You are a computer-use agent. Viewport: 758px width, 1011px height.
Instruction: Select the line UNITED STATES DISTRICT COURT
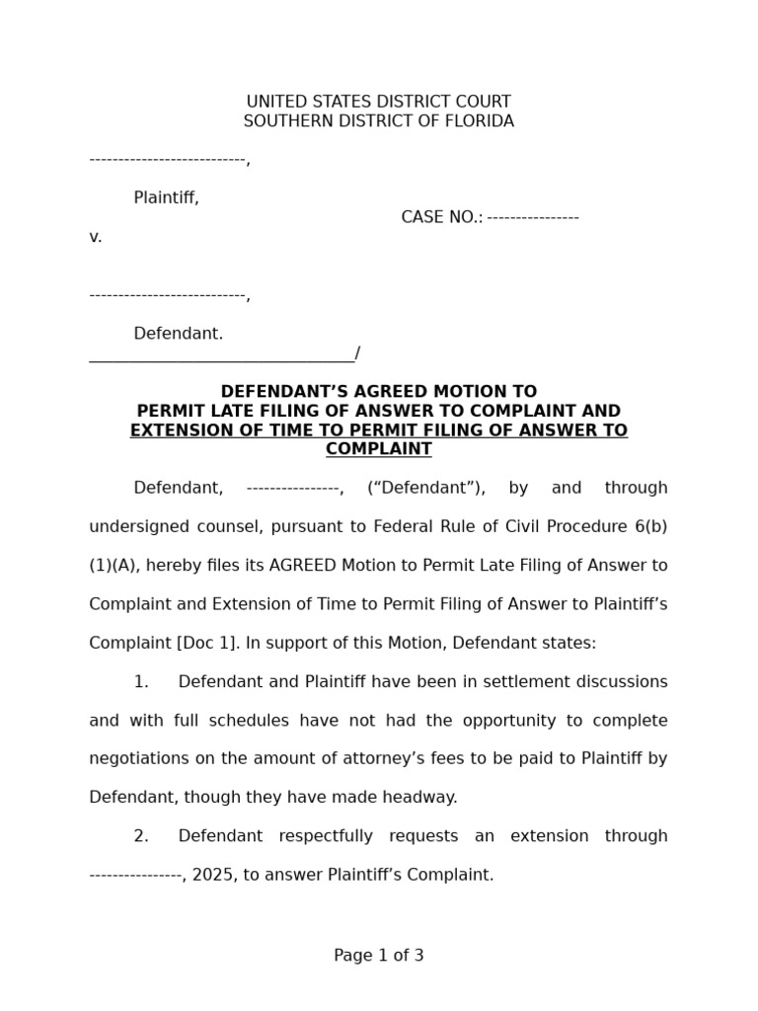point(378,102)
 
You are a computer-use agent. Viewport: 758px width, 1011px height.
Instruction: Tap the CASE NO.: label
point(441,217)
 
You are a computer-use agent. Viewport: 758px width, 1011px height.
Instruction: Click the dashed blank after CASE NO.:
point(533,217)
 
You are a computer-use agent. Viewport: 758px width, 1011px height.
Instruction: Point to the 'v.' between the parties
point(96,237)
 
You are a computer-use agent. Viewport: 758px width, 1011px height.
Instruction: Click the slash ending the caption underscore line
point(357,353)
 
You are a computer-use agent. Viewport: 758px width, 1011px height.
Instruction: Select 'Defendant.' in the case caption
point(179,334)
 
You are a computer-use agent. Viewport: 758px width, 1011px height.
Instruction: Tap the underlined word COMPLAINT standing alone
point(379,449)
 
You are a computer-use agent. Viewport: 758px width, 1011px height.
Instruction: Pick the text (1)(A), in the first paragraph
point(116,566)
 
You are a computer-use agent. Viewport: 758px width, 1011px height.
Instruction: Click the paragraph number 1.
point(141,682)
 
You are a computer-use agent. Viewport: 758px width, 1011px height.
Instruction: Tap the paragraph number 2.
point(141,836)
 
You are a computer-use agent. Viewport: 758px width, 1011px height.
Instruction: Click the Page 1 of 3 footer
point(379,956)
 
